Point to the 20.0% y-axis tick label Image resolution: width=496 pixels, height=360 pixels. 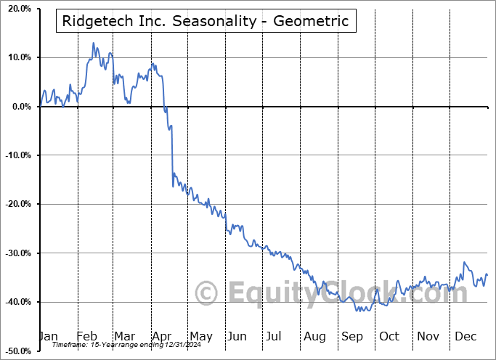click(x=17, y=9)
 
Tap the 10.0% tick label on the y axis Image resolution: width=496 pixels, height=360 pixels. click(x=17, y=57)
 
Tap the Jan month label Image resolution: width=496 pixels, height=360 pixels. click(x=48, y=336)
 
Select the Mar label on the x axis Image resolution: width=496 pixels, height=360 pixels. click(x=125, y=336)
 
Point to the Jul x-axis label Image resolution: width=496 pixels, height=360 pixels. click(x=275, y=336)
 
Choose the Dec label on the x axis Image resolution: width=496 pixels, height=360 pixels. click(x=465, y=336)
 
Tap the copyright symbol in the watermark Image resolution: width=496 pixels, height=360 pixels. click(x=208, y=293)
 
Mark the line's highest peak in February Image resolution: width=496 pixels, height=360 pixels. click(x=93, y=43)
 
